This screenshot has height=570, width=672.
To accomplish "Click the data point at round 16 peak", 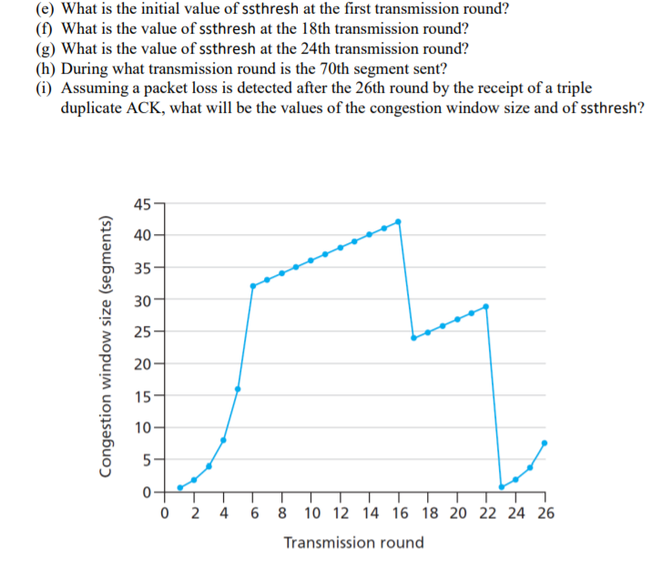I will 398,221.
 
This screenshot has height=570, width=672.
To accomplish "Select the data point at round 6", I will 253,286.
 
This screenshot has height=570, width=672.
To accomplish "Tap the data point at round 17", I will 413,338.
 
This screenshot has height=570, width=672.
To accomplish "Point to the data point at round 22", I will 486,306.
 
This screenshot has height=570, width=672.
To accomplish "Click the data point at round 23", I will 501,487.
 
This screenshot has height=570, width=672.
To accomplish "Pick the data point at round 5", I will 238,389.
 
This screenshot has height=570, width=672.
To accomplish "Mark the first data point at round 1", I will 179,487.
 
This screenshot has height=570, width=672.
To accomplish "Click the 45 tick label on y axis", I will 141,203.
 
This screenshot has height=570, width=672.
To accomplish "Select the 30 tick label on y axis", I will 141,300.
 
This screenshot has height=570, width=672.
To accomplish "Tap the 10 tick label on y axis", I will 141,428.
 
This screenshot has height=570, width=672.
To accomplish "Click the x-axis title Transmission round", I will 353,543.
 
